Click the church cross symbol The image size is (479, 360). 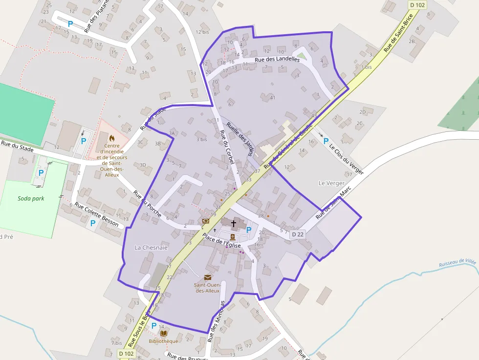point(234,224)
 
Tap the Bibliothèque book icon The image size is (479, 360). point(163,333)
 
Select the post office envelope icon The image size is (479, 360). point(208,277)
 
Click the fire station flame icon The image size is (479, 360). point(112,138)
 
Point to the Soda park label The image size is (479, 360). point(31,198)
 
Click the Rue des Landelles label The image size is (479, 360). point(277,60)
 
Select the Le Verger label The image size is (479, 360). point(331,183)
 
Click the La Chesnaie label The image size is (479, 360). point(151,248)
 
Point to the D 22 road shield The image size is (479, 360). point(298,234)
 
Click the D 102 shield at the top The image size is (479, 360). point(417,5)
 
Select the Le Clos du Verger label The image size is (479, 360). point(347,159)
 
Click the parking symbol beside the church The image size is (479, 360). point(249,230)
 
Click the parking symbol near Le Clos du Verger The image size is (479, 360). point(326,141)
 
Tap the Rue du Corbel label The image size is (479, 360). point(227,147)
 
